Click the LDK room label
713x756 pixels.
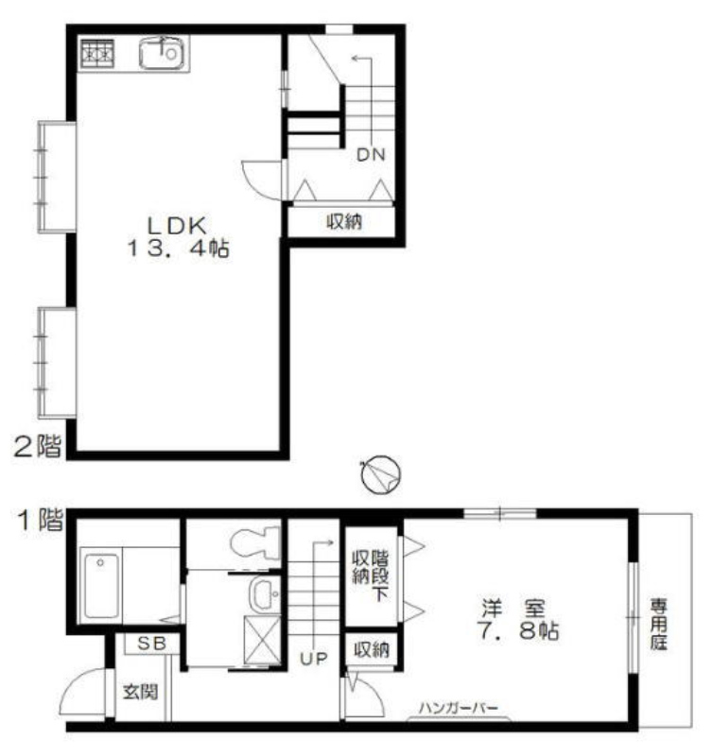(x=177, y=226)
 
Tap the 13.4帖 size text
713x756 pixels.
(x=178, y=249)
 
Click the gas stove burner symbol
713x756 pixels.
(x=97, y=53)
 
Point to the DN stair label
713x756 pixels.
(x=371, y=155)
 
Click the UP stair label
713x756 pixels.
(x=314, y=659)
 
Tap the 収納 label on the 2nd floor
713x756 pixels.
(x=344, y=222)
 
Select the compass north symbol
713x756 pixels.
(x=381, y=474)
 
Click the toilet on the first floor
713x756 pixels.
(x=255, y=542)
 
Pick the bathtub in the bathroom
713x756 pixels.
(x=101, y=586)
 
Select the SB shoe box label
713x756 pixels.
(x=152, y=644)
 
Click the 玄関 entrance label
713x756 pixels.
(x=140, y=693)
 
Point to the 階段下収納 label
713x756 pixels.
(x=371, y=576)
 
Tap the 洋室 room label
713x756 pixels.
(x=513, y=609)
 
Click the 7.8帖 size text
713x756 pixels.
(x=518, y=630)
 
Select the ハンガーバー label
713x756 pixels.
(x=459, y=708)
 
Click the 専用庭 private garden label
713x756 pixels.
(x=658, y=624)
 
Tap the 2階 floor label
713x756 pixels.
(x=38, y=447)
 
